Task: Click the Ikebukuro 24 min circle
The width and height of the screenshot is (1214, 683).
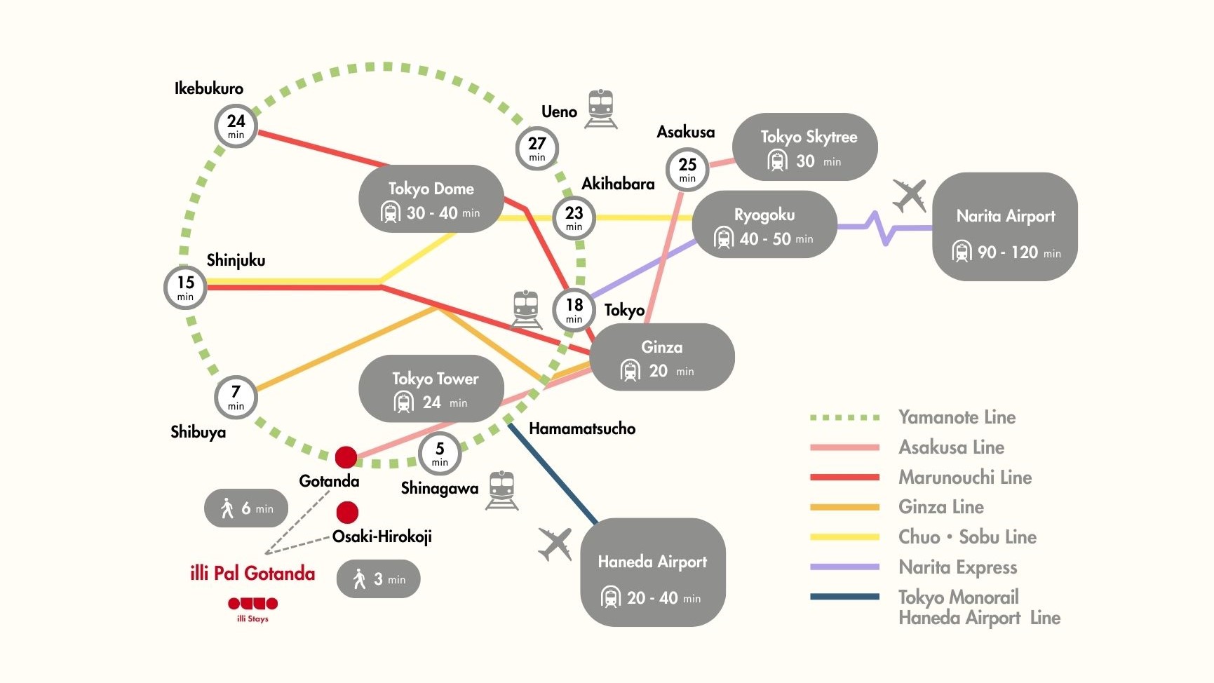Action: (x=236, y=126)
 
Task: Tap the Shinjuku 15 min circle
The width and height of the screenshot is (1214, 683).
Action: (x=185, y=287)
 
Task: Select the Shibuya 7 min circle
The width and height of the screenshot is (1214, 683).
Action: (x=236, y=397)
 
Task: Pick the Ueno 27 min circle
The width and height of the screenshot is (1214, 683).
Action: (x=537, y=148)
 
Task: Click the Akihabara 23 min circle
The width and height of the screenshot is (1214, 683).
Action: (x=574, y=217)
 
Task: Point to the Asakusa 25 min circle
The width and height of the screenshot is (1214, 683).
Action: (x=687, y=169)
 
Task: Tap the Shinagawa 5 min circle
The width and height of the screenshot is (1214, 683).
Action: (x=440, y=453)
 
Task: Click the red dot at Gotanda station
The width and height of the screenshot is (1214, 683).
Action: (x=346, y=457)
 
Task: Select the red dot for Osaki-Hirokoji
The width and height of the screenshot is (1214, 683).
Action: (x=347, y=513)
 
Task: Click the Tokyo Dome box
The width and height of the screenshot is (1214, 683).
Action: (x=431, y=199)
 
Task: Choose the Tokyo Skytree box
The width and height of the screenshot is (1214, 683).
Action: (x=805, y=147)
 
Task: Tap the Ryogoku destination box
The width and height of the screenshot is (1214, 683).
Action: (x=764, y=225)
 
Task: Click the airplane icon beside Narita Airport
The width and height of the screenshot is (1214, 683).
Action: (x=910, y=196)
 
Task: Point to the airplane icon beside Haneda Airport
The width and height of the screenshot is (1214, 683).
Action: (x=555, y=544)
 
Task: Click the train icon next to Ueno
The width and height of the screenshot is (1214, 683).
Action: (x=601, y=109)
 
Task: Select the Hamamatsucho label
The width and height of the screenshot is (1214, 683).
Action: (x=582, y=428)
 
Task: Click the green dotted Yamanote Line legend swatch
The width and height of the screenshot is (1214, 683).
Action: (x=844, y=418)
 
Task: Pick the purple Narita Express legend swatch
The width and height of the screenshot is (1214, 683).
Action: (x=844, y=567)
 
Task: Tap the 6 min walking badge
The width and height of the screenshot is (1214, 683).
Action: (x=246, y=508)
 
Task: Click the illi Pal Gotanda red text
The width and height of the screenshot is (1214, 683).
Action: (x=252, y=574)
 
